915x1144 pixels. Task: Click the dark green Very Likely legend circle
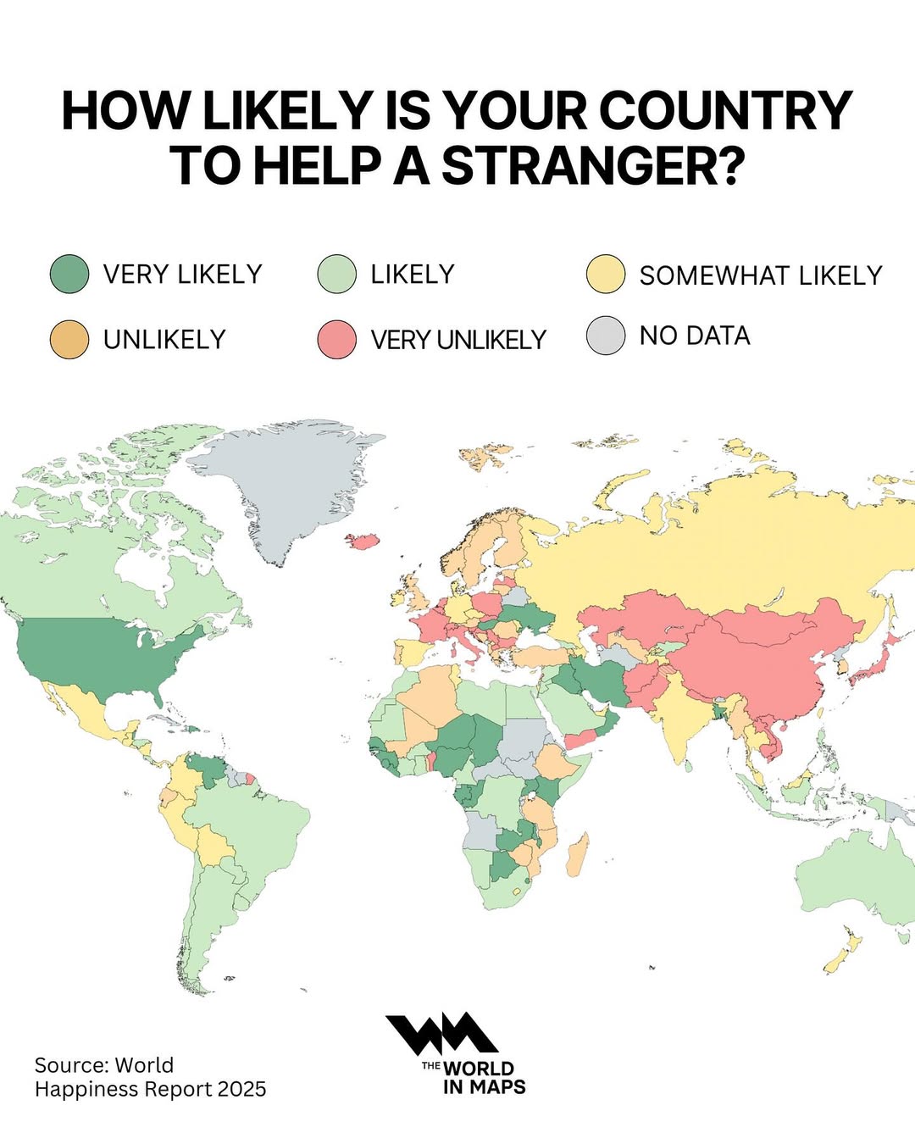tap(69, 275)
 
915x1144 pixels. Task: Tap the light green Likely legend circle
tap(336, 275)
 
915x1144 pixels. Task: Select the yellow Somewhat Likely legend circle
tap(606, 275)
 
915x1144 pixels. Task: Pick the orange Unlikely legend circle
tap(69, 339)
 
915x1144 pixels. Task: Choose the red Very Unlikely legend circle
tap(336, 339)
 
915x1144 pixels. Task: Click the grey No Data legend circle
tap(606, 336)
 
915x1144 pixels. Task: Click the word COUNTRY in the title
tap(725, 110)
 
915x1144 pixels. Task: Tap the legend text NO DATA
tap(695, 336)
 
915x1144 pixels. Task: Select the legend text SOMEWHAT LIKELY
tap(761, 275)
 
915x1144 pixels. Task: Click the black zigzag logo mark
tap(441, 1035)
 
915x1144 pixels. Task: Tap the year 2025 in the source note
tap(241, 1089)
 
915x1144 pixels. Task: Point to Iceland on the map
tap(362, 541)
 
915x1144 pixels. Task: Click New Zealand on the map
tap(843, 953)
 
